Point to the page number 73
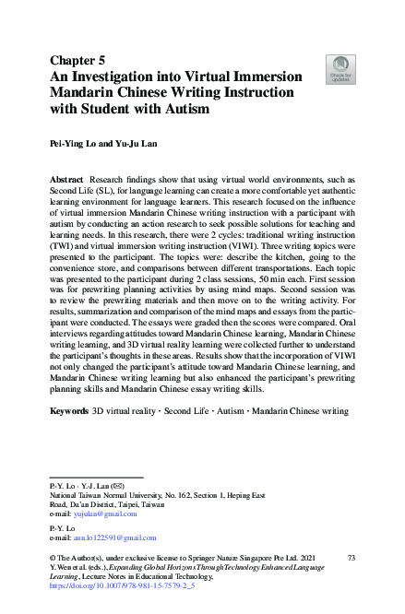click(x=350, y=559)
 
